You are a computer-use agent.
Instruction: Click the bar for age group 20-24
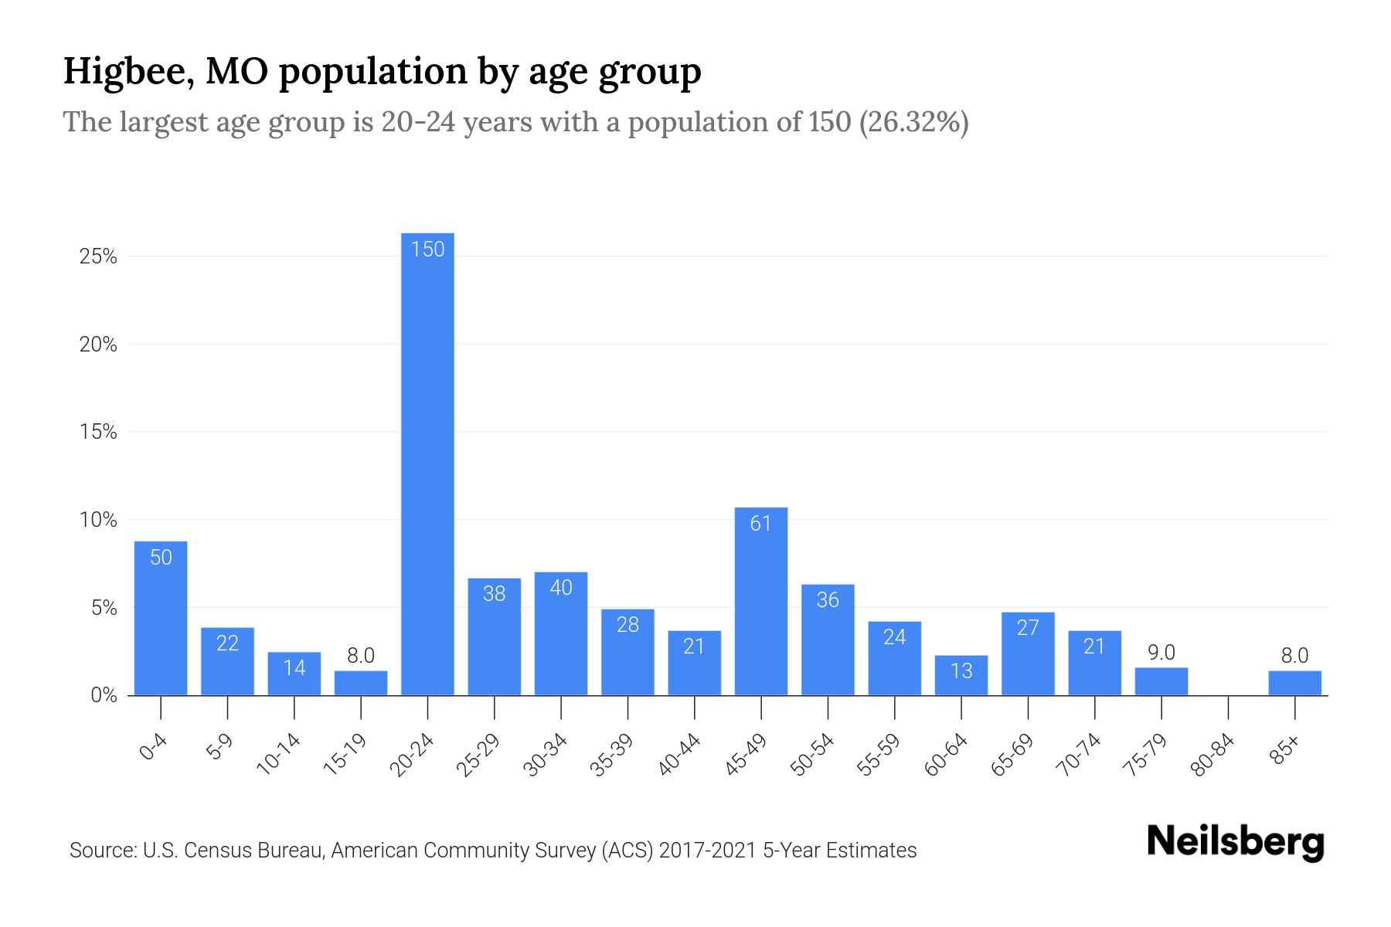point(427,463)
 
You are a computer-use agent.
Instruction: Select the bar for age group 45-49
point(761,603)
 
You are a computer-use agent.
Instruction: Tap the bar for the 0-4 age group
point(161,618)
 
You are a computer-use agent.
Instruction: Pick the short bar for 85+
point(1294,684)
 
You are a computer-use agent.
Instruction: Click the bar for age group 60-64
point(961,676)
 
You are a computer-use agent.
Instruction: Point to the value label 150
point(427,249)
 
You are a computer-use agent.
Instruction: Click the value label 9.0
point(1161,653)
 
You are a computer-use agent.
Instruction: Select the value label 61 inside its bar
point(761,524)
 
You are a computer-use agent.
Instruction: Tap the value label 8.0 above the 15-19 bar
point(361,656)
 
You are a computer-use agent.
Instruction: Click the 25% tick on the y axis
point(98,256)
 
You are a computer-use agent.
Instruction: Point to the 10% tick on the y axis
point(98,520)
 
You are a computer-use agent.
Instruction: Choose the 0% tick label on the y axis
point(104,695)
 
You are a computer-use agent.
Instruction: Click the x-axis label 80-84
point(1213,755)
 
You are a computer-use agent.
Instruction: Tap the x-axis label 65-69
point(1013,755)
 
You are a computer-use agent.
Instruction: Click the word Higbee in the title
point(123,71)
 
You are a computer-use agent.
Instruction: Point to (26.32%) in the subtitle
point(913,122)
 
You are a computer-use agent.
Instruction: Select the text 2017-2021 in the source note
point(708,851)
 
